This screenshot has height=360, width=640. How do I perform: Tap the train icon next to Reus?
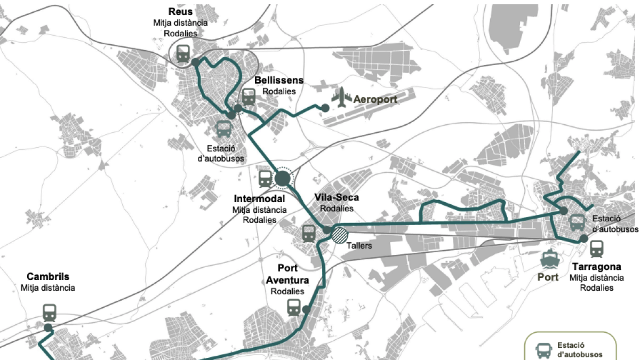click(183, 53)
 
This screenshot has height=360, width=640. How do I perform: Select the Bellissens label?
click(278, 81)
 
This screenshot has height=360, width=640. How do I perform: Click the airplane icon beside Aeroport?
click(341, 98)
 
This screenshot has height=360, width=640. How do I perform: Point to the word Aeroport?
click(375, 99)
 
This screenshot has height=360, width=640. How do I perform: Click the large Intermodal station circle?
click(283, 179)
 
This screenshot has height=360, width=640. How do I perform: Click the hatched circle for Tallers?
click(340, 235)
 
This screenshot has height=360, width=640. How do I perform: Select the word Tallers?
click(358, 246)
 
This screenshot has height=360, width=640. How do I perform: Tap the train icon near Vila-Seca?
click(308, 233)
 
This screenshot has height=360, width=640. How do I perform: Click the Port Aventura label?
click(287, 274)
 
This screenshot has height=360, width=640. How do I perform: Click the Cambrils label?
click(48, 277)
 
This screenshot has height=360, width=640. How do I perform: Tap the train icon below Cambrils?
click(50, 311)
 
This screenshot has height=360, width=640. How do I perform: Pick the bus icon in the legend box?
click(543, 350)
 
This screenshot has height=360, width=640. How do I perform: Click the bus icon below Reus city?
click(223, 129)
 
